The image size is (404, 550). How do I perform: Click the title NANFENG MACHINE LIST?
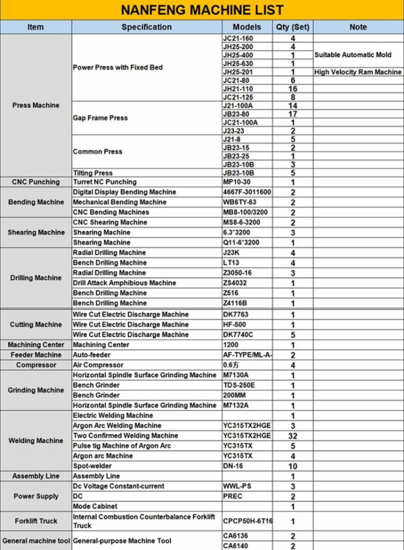point(202,11)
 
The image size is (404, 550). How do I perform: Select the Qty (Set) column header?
point(293,27)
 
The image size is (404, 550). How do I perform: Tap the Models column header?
point(247,27)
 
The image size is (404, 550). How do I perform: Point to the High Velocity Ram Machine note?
point(358,72)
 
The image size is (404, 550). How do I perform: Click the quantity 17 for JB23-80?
point(293,114)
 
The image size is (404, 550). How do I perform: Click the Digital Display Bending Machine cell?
point(124,192)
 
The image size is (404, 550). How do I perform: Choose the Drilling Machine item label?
point(35,278)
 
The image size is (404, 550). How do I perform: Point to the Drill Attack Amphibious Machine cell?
point(124,283)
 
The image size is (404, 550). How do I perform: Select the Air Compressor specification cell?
point(98,365)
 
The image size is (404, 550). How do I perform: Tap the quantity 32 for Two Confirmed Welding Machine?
point(293,436)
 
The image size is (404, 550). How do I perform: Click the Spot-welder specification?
point(93,466)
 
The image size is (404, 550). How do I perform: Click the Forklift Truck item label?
point(35,521)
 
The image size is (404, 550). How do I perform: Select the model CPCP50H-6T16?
point(247,521)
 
